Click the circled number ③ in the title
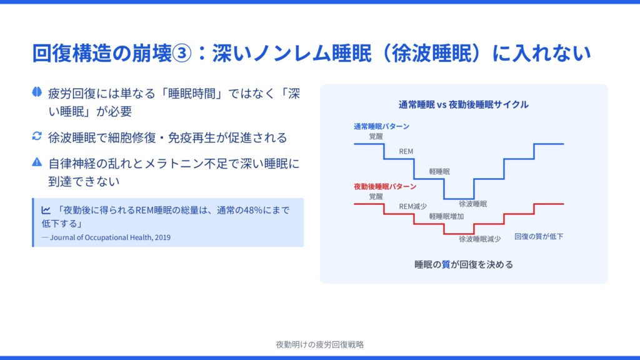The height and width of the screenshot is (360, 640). coord(182,54)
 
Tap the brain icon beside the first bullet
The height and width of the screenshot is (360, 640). coord(37,92)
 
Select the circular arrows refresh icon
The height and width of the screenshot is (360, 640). coord(37,136)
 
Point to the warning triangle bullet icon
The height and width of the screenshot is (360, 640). coord(37,162)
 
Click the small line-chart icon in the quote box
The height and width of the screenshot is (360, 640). coord(46,210)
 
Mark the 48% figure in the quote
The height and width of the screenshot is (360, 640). coord(252,210)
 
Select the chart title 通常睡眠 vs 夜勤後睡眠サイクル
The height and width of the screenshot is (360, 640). coord(463,104)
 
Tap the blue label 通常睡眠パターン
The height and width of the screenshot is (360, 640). coord(381,126)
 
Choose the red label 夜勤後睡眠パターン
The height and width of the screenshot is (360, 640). coord(385,186)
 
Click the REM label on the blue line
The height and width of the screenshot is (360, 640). coord(406,151)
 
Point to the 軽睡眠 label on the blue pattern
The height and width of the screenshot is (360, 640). coord(439,171)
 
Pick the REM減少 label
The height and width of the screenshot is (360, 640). coord(412,206)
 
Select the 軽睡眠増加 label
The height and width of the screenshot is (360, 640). coord(446,216)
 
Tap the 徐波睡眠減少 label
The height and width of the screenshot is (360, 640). coord(479,239)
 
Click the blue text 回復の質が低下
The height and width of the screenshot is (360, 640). coord(539,236)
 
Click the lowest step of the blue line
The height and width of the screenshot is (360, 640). coord(459,199)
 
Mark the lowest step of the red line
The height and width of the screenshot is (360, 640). coord(459,234)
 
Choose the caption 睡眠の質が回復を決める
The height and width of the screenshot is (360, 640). coord(464,264)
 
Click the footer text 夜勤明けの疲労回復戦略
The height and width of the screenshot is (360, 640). coord(319,344)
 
